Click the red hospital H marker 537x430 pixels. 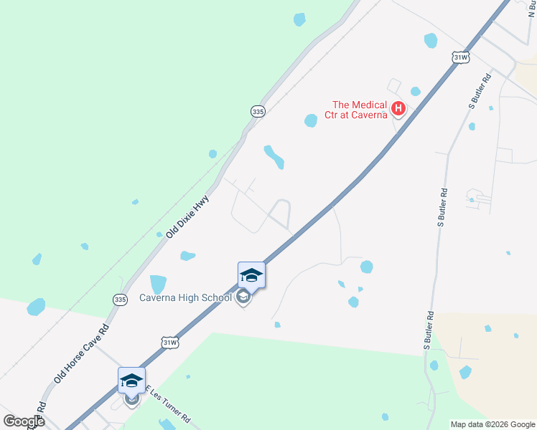coord(398,110)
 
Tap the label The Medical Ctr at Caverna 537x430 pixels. coord(360,110)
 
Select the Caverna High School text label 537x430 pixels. coord(186,297)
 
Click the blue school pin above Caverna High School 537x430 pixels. coord(251,275)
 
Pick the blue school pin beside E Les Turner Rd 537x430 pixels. coord(132,381)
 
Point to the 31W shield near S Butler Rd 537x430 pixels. coord(462,57)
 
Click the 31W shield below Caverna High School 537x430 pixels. coord(169,343)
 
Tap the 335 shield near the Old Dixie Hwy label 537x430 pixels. coord(258,111)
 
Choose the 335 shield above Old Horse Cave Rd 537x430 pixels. coord(120,300)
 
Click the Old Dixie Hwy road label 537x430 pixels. coord(187,216)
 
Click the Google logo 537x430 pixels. coord(23,421)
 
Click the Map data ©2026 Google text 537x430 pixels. coord(492,424)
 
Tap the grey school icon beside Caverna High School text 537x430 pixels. coord(243,297)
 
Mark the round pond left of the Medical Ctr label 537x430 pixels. coord(311,120)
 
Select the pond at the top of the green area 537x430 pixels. coord(299,19)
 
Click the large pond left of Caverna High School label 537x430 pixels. coord(158,285)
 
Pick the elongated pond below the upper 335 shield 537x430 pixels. coord(274,157)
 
